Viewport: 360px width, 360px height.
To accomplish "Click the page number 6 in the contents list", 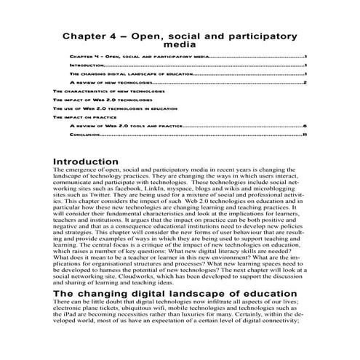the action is pyautogui.click(x=305, y=126).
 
